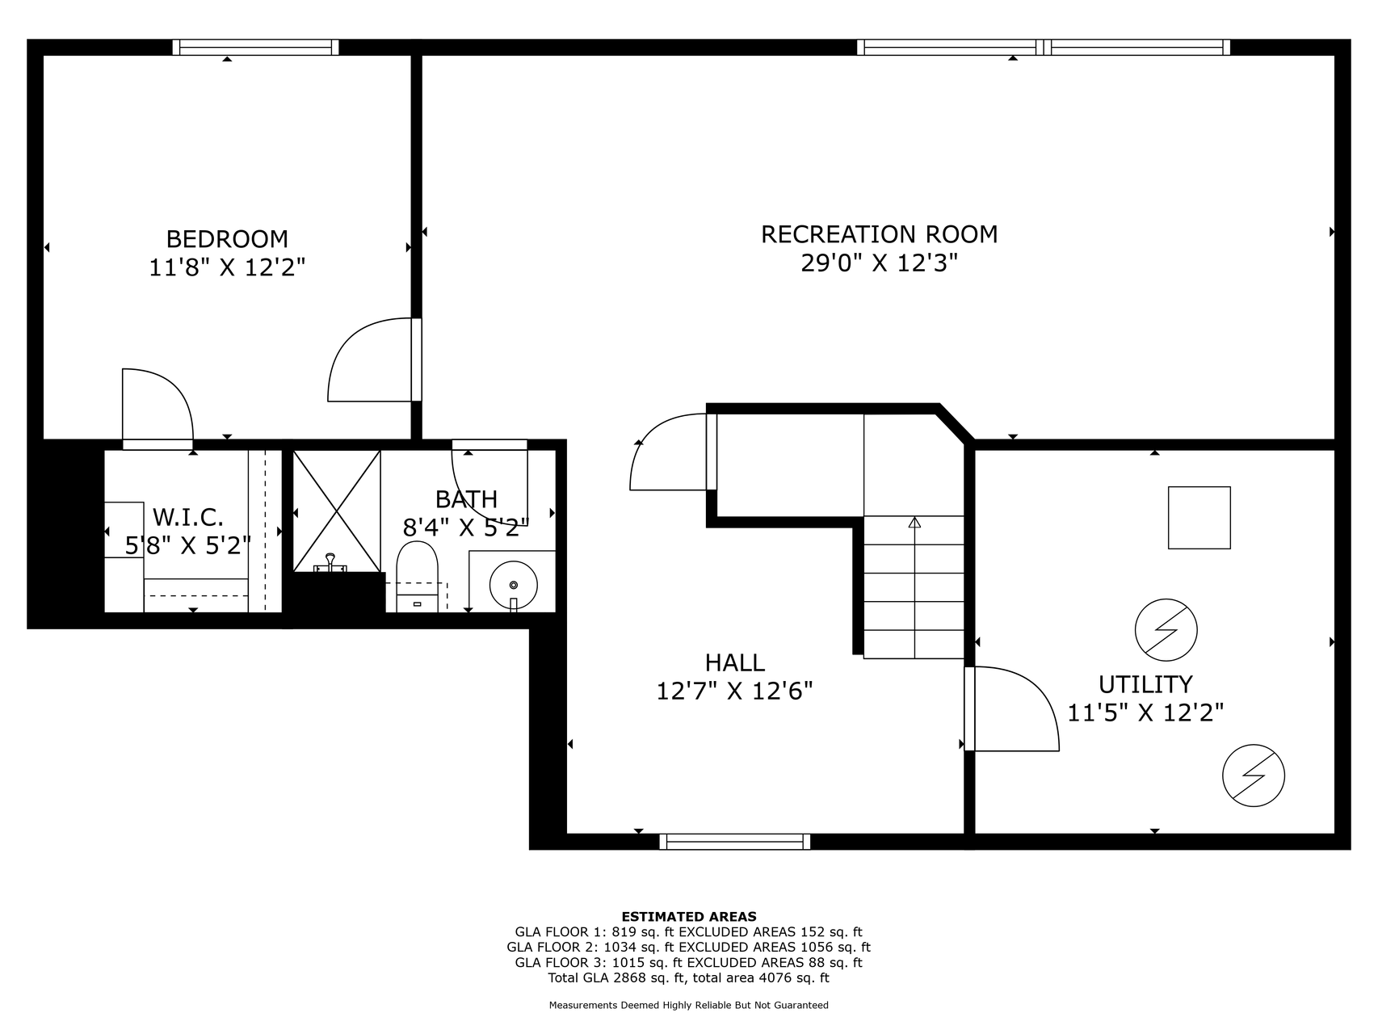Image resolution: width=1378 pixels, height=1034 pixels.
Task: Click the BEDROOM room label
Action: (x=227, y=239)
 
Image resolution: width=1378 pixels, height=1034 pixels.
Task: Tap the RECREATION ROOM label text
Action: (x=880, y=234)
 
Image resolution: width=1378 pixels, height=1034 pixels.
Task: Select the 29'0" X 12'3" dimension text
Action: (x=880, y=263)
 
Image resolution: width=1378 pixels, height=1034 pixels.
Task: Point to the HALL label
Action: (x=735, y=662)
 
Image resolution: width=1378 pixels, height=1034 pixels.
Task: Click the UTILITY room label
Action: (x=1145, y=684)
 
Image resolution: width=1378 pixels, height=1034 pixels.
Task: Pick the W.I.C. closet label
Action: (x=188, y=516)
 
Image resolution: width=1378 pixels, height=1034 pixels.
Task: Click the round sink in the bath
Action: (x=513, y=584)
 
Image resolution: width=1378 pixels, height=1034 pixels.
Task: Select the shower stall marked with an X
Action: (x=336, y=511)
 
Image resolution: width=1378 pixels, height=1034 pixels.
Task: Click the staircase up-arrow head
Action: (x=914, y=523)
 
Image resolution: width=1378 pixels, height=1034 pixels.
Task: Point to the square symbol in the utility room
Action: (x=1199, y=518)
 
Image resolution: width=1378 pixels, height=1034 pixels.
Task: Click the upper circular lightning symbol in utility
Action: (x=1166, y=629)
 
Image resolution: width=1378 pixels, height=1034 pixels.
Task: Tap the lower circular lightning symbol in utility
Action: (x=1254, y=775)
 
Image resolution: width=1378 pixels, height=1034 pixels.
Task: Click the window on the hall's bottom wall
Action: (x=735, y=842)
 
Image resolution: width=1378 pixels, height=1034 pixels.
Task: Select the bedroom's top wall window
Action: (x=256, y=48)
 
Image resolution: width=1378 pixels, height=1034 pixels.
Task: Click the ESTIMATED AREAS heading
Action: (x=689, y=916)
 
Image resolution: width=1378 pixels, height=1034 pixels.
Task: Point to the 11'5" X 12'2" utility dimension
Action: (x=1145, y=712)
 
